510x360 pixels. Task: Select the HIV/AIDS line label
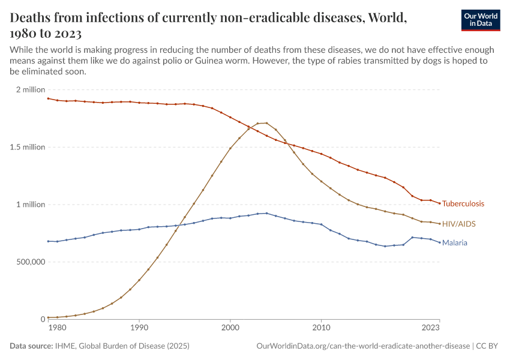pos(458,224)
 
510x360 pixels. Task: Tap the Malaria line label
pos(454,243)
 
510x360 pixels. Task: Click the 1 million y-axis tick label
pos(30,205)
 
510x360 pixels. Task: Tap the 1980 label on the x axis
pos(56,328)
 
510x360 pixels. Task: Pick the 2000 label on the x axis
pos(230,328)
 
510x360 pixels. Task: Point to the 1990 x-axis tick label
pos(139,328)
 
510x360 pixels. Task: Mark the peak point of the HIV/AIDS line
pos(266,123)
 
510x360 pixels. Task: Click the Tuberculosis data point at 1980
pos(48,98)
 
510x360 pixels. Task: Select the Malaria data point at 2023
pos(440,242)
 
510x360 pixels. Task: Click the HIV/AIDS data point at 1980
pos(48,317)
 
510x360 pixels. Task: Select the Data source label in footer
pos(31,346)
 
